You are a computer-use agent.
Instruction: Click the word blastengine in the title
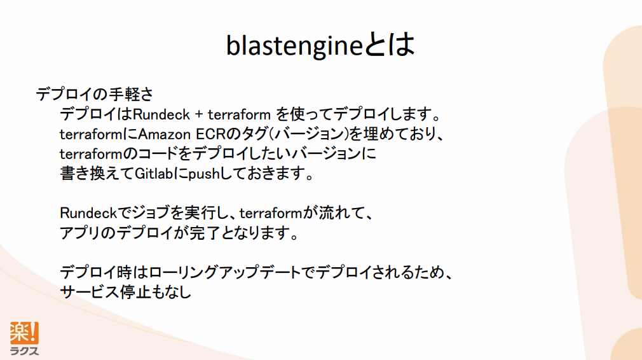coord(294,45)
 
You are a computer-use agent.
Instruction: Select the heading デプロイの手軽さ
coord(95,94)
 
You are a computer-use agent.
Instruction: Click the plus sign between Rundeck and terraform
coord(199,114)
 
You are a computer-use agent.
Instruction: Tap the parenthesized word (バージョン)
coord(309,134)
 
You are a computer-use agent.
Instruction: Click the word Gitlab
coord(154,173)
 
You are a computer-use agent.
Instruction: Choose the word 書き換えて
coord(97,173)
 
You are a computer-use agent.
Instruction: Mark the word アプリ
coord(80,233)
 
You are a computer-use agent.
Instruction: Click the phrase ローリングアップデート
coord(225,272)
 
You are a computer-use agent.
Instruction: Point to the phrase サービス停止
coord(100,292)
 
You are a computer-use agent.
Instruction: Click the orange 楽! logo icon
coord(24,333)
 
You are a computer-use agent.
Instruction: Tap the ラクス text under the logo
coord(24,350)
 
